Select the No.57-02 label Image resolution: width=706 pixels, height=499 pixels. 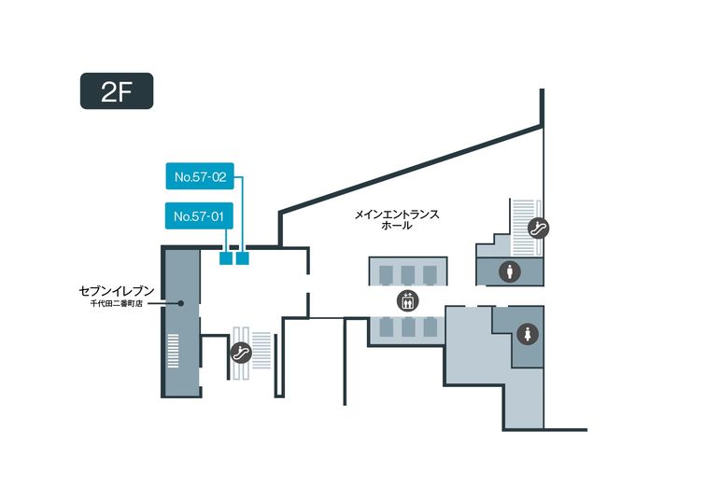(201, 174)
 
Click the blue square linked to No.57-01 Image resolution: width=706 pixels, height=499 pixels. (225, 258)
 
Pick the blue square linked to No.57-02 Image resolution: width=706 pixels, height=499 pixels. (243, 258)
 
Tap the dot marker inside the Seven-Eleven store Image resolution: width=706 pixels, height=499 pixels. (181, 302)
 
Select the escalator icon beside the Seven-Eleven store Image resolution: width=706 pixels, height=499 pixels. (239, 353)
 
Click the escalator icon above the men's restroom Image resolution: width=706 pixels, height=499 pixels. (538, 226)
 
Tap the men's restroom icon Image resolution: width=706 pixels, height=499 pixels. (510, 271)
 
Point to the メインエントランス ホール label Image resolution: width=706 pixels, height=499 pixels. (396, 219)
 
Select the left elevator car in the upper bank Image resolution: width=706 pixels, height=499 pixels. (385, 272)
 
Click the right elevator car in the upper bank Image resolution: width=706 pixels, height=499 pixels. (430, 272)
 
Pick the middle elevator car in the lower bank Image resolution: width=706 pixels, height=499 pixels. (407, 327)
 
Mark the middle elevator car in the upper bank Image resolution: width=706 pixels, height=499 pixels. (407, 272)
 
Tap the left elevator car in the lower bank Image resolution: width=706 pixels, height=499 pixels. (385, 327)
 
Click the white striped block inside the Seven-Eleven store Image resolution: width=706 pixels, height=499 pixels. (173, 351)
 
